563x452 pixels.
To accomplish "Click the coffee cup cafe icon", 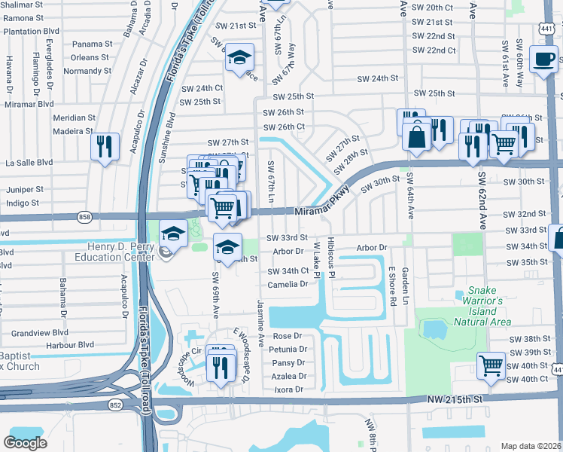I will tap(543, 59).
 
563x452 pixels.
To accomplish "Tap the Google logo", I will tap(25, 442).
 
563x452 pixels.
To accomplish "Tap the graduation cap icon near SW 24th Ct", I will tap(239, 57).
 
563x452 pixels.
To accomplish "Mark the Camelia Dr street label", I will tap(288, 284).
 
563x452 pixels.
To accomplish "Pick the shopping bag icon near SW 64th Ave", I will tap(415, 138).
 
